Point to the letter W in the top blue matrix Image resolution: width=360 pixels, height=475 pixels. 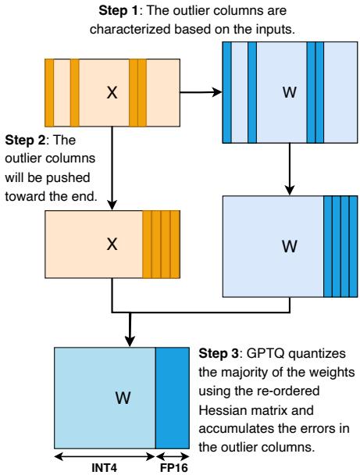(x=288, y=93)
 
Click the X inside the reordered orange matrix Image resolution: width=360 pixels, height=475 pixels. (x=112, y=245)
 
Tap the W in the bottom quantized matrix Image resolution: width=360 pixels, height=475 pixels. (x=122, y=398)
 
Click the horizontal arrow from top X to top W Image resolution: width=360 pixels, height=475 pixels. (x=201, y=91)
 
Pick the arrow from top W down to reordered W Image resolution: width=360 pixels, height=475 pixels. (x=290, y=169)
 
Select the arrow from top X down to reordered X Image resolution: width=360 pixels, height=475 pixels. (x=112, y=164)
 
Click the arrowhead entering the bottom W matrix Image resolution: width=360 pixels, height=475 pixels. (x=128, y=341)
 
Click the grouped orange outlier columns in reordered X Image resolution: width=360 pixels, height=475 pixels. (x=161, y=244)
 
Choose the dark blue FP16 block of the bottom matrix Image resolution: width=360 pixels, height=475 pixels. (x=169, y=397)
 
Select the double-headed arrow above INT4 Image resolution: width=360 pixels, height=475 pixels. (x=105, y=454)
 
